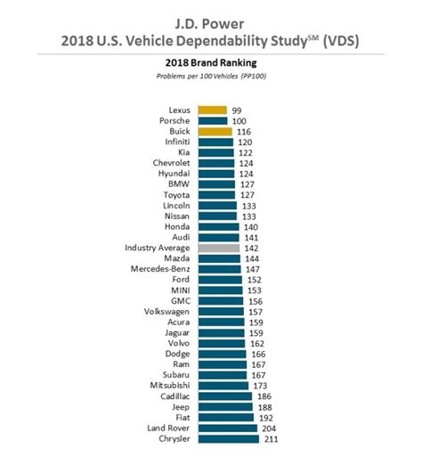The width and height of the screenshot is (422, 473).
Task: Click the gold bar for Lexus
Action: [213, 110]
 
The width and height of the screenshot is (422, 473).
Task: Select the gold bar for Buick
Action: [215, 132]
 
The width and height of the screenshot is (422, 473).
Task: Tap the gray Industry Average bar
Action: [219, 248]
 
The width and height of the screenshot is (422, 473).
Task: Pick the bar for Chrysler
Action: [229, 439]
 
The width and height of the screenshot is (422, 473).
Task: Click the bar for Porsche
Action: [213, 121]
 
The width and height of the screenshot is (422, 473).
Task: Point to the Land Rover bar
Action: [228, 428]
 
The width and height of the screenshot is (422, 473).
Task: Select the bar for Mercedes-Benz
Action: [220, 269]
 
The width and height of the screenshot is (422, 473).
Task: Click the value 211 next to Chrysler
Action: [272, 439]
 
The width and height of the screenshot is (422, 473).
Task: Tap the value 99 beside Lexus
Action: [237, 110]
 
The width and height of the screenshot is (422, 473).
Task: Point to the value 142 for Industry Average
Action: [251, 249]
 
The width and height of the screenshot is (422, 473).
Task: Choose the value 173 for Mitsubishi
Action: [260, 386]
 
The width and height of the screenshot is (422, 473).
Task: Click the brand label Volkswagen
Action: [166, 312]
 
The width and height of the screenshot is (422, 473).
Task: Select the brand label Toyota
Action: [176, 195]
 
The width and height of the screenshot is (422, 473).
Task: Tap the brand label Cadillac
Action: [175, 396]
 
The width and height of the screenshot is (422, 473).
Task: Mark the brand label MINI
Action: [181, 290]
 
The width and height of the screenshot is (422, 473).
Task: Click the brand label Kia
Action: [184, 152]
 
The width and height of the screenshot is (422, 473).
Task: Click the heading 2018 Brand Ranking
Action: [211, 62]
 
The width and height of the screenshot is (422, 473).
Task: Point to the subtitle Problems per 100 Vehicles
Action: [198, 76]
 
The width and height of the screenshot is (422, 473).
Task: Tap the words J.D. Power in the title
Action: [209, 24]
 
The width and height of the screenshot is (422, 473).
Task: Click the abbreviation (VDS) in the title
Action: [341, 41]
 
